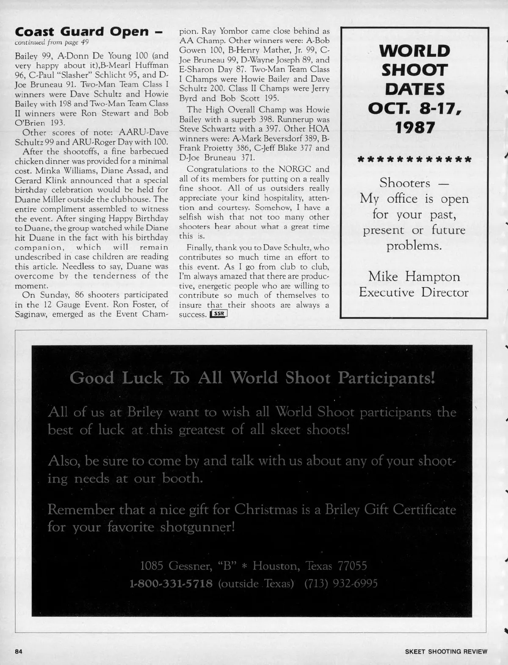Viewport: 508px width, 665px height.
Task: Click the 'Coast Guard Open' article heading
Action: coord(82,31)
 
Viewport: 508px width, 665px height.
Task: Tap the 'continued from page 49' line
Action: coord(52,42)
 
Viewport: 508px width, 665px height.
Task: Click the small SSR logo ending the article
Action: coord(218,314)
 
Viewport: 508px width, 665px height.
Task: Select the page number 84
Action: coord(18,651)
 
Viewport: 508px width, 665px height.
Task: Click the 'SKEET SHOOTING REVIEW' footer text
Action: coord(446,652)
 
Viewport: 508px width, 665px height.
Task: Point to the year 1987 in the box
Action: coord(414,127)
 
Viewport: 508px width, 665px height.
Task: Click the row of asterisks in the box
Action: coord(414,160)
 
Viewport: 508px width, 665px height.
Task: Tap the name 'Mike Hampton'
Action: coord(414,276)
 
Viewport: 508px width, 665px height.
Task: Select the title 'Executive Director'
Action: coord(414,292)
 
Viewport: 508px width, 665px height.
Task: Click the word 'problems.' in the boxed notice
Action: coord(414,246)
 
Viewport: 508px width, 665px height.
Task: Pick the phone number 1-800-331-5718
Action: coord(171,584)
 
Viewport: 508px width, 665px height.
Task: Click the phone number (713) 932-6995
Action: coord(341,584)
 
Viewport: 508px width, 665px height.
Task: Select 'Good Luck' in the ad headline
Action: coord(116,378)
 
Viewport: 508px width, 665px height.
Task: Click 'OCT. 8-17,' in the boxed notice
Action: coord(414,108)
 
